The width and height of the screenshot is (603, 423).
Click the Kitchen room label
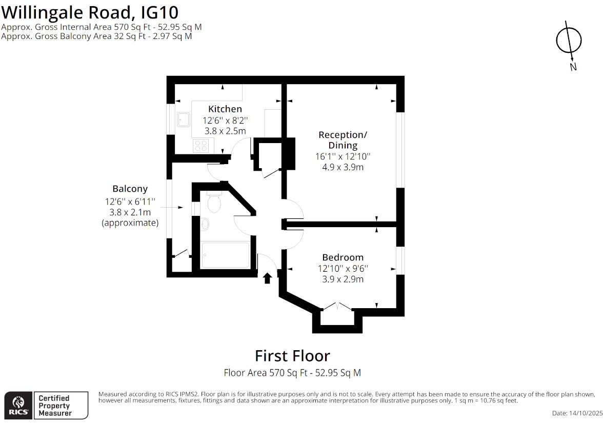pyautogui.click(x=225, y=109)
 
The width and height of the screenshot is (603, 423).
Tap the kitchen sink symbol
pyautogui.click(x=184, y=119)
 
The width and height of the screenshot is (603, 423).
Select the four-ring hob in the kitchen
pyautogui.click(x=200, y=146)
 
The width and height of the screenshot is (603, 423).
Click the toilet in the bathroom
pyautogui.click(x=214, y=204)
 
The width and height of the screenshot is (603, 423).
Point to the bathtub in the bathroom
pyautogui.click(x=226, y=255)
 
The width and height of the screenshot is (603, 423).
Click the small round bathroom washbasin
pyautogui.click(x=205, y=224)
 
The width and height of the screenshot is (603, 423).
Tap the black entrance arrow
pyautogui.click(x=267, y=278)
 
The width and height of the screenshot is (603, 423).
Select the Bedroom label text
pyautogui.click(x=343, y=257)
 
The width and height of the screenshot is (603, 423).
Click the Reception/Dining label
pyautogui.click(x=343, y=140)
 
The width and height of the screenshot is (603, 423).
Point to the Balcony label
pyautogui.click(x=130, y=189)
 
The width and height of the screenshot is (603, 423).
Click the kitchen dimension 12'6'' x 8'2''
pyautogui.click(x=225, y=120)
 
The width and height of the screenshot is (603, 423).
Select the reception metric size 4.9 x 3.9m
pyautogui.click(x=343, y=167)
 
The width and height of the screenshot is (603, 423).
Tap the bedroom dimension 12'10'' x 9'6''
pyautogui.click(x=343, y=268)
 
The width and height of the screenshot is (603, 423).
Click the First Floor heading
pyautogui.click(x=292, y=356)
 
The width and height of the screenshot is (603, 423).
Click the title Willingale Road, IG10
pyautogui.click(x=90, y=11)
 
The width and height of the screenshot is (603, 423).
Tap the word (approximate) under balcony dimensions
pyautogui.click(x=130, y=223)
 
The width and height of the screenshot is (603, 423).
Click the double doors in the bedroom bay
pyautogui.click(x=337, y=307)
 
